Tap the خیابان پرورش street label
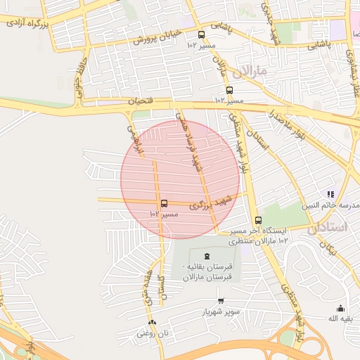[x=158, y=36]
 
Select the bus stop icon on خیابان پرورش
[x=202, y=34]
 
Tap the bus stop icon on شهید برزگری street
[x=165, y=204]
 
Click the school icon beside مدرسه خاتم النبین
[x=330, y=195]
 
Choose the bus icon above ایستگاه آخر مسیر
[x=258, y=220]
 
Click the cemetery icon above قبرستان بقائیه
[x=206, y=256]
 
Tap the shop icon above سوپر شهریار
[x=221, y=301]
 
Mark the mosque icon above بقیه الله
[x=341, y=308]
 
